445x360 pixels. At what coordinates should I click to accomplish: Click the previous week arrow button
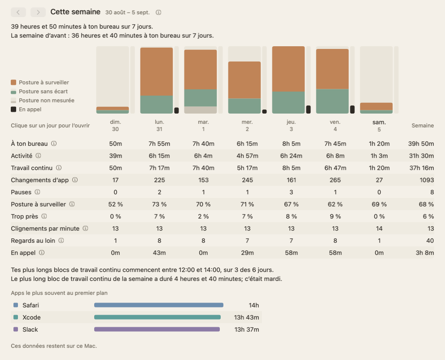tap(18, 12)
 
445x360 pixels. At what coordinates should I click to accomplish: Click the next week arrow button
tap(38, 12)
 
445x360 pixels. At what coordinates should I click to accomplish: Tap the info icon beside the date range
tap(158, 13)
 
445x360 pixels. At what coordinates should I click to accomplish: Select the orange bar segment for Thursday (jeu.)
tap(288, 69)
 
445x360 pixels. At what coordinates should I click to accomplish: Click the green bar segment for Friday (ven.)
tap(332, 101)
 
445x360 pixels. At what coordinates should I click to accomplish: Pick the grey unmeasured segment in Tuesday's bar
tap(201, 110)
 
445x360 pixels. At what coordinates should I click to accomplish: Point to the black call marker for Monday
tap(176, 110)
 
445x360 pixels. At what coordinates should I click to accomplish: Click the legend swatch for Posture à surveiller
tap(13, 82)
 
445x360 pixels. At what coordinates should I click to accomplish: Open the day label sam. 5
tap(379, 126)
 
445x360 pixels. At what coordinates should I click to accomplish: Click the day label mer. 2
tap(247, 126)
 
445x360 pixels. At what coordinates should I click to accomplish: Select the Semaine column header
tap(423, 126)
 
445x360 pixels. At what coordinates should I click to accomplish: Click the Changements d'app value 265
tap(335, 180)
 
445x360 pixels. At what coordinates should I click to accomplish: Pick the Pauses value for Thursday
tap(291, 192)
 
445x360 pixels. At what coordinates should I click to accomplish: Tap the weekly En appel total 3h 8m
tap(425, 253)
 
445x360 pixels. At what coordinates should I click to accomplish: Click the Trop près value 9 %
tap(335, 216)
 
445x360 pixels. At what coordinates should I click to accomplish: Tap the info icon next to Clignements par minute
tap(85, 228)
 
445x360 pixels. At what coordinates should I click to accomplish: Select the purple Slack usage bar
tap(157, 329)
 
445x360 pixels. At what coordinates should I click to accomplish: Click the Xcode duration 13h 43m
tap(246, 317)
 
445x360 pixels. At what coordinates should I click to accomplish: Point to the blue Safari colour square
tap(16, 305)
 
